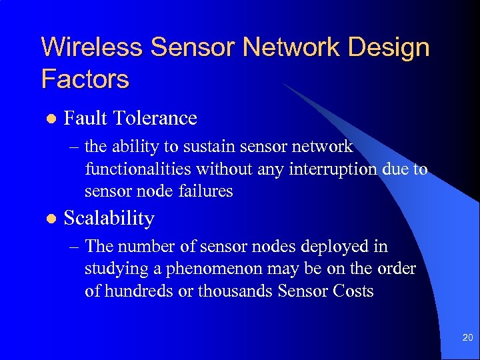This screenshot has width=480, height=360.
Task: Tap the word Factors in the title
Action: pyautogui.click(x=85, y=79)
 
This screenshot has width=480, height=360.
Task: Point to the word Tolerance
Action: pyautogui.click(x=155, y=118)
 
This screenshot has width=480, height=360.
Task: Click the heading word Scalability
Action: pyautogui.click(x=109, y=219)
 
